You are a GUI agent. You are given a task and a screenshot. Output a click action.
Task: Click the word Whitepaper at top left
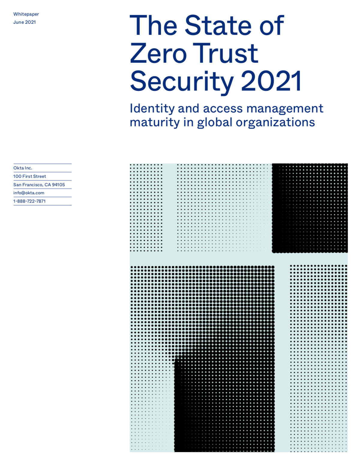[x=26, y=14]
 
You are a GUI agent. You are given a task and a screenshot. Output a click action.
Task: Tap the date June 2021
[x=24, y=22]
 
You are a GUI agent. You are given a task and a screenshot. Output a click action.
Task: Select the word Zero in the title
[x=158, y=53]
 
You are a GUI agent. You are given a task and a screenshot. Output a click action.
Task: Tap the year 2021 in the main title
[x=271, y=81]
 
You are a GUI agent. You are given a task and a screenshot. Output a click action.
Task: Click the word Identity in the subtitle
[x=152, y=109]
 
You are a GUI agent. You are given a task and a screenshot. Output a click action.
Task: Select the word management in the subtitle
[x=285, y=109]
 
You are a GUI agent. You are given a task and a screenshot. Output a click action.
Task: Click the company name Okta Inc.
[x=23, y=168]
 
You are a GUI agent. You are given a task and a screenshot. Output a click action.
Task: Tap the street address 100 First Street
[x=30, y=176]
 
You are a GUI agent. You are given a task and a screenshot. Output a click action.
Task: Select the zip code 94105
[x=58, y=185]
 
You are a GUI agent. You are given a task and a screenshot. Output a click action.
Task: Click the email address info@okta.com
[x=29, y=193]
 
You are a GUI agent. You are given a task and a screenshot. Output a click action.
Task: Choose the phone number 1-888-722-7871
[x=29, y=201]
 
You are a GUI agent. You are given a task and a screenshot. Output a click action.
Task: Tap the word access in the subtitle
[x=223, y=109]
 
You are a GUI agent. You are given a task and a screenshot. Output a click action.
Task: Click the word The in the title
[x=153, y=25]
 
